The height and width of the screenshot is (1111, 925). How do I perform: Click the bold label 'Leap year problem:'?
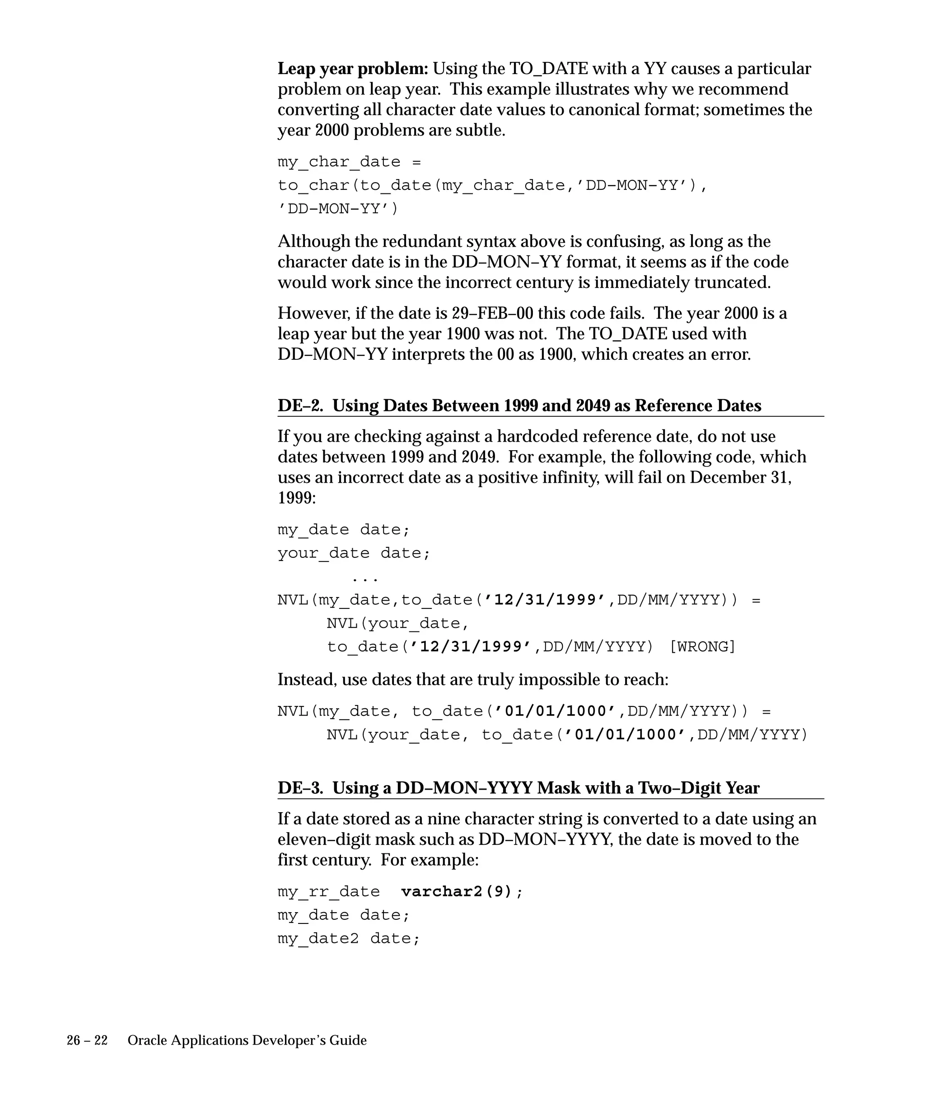353,69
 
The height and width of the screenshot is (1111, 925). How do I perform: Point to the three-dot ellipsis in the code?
364,578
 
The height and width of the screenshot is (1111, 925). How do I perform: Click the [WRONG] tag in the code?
702,647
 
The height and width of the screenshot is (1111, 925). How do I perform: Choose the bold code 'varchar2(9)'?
457,892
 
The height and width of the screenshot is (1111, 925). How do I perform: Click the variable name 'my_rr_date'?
328,892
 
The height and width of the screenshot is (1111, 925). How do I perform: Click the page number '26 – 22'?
87,1040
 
